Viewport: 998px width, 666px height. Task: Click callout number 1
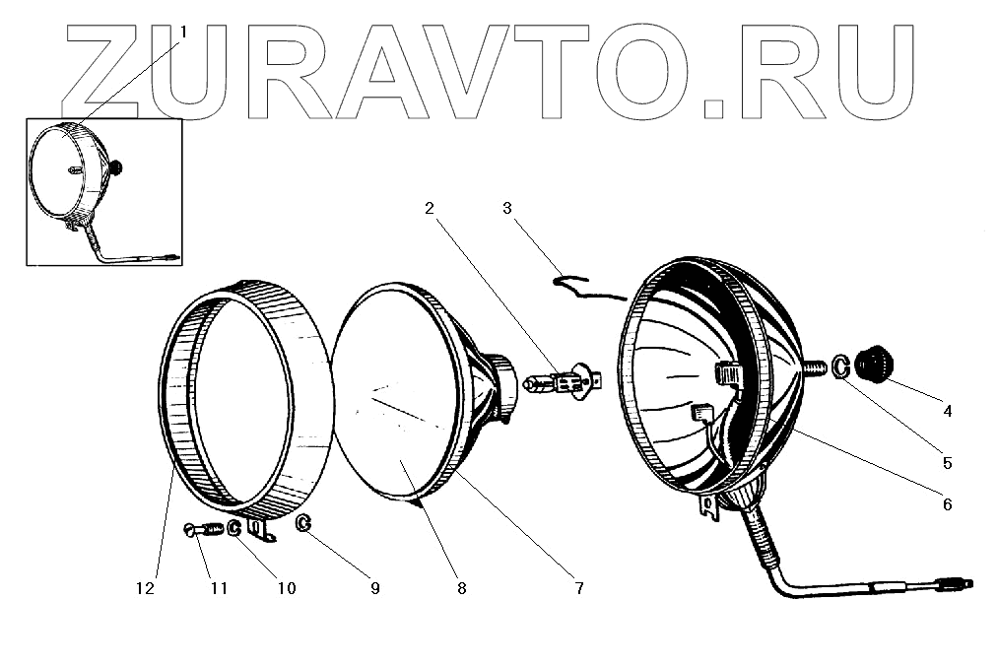pyautogui.click(x=182, y=33)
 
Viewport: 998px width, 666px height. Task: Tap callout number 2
pyautogui.click(x=429, y=208)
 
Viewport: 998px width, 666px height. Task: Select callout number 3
pyautogui.click(x=506, y=208)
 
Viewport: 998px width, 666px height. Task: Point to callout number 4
pyautogui.click(x=947, y=412)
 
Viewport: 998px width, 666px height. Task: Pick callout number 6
pyautogui.click(x=947, y=503)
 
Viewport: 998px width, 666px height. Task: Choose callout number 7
pyautogui.click(x=578, y=588)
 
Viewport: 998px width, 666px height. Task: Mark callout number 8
pyautogui.click(x=461, y=588)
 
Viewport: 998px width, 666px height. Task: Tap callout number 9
pyautogui.click(x=375, y=588)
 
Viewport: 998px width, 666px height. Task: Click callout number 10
pyautogui.click(x=286, y=588)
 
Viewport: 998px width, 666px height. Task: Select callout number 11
pyautogui.click(x=219, y=588)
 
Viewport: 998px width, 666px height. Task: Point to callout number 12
pyautogui.click(x=145, y=588)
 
